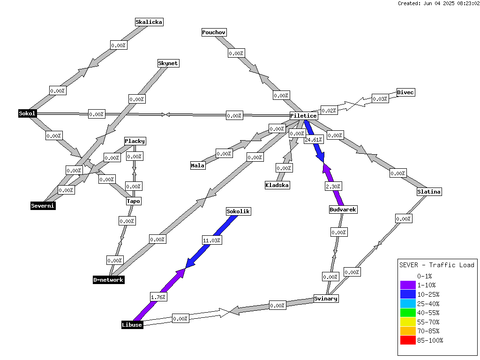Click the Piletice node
[x=304, y=116]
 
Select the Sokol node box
[x=27, y=113]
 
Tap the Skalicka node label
[x=149, y=22]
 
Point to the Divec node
[x=405, y=92]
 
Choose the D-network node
[x=109, y=280]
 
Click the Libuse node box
[x=132, y=325]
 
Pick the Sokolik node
[x=239, y=211]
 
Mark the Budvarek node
[x=343, y=210]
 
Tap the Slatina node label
[x=429, y=192]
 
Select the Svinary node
[x=326, y=299]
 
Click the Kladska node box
[x=277, y=185]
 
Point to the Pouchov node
[x=214, y=32]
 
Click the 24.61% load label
[x=314, y=140]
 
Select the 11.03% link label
[x=212, y=240]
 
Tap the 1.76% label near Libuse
[x=158, y=297]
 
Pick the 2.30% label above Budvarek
[x=333, y=187]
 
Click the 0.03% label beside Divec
[x=380, y=99]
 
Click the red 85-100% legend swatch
[x=408, y=340]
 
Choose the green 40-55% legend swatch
[x=408, y=313]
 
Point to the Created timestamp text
[x=439, y=3]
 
